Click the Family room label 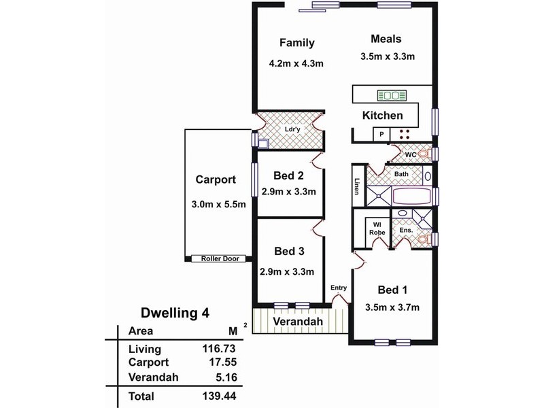pyautogui.click(x=297, y=43)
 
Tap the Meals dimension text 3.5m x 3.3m pyautogui.click(x=388, y=56)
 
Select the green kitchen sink pyautogui.click(x=392, y=95)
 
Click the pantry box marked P pyautogui.click(x=381, y=134)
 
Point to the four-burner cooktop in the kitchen pyautogui.click(x=405, y=134)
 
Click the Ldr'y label pyautogui.click(x=292, y=129)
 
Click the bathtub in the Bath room pyautogui.click(x=411, y=196)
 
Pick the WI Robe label pyautogui.click(x=377, y=228)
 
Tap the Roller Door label pyautogui.click(x=220, y=259)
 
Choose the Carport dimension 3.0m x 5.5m pyautogui.click(x=218, y=205)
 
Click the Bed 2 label pyautogui.click(x=288, y=175)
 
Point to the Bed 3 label pyautogui.click(x=289, y=251)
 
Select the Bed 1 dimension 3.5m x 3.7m pyautogui.click(x=392, y=307)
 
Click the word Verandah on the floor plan pyautogui.click(x=298, y=321)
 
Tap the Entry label pyautogui.click(x=339, y=288)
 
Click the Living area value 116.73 pyautogui.click(x=219, y=348)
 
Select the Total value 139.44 pyautogui.click(x=219, y=396)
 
